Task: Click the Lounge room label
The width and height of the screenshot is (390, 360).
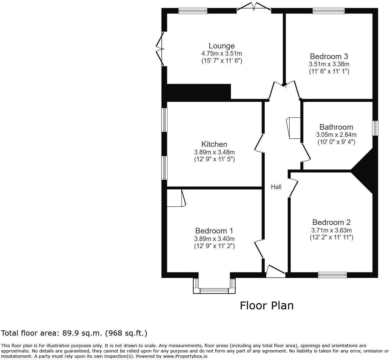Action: pos(222,46)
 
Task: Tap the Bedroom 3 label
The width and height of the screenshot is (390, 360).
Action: pos(329,56)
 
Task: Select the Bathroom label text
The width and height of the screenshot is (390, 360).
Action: pos(336,127)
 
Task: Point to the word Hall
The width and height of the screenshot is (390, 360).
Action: pos(276,187)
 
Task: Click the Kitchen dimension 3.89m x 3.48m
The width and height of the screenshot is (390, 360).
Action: pos(214,152)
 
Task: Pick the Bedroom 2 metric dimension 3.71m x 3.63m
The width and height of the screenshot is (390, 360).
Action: pos(331,230)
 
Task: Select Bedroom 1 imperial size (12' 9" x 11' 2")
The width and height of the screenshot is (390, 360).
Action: pos(214,246)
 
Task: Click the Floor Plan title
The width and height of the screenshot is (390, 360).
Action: pos(267,306)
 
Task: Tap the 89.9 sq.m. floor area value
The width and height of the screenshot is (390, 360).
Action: pos(82,333)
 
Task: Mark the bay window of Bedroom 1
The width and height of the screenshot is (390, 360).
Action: pos(214,286)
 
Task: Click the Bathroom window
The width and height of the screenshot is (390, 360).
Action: pos(375,128)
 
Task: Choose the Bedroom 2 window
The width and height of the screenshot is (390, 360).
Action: pos(332,275)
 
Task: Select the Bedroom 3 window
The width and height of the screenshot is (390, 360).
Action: pos(328,11)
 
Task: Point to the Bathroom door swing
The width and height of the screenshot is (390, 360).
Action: pos(306,153)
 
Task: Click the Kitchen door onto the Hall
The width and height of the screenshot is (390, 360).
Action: pos(259,143)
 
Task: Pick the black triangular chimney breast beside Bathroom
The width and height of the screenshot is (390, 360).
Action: pos(364,171)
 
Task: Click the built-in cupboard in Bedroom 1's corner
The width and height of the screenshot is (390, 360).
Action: pos(176,198)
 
